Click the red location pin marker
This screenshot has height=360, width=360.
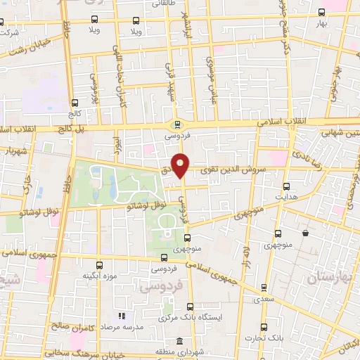click(181, 165)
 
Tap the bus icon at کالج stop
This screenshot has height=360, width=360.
click(75, 103)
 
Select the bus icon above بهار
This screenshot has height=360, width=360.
click(322, 12)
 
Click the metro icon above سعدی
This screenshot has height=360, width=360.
click(264, 287)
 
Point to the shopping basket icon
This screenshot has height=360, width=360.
click(305, 233)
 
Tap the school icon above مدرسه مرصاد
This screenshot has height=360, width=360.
click(121, 316)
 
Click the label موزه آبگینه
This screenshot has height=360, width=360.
click(99, 276)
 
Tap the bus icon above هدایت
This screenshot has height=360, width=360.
click(285, 186)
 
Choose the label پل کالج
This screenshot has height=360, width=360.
click(70, 129)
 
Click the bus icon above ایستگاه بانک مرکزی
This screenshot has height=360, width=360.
click(191, 306)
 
